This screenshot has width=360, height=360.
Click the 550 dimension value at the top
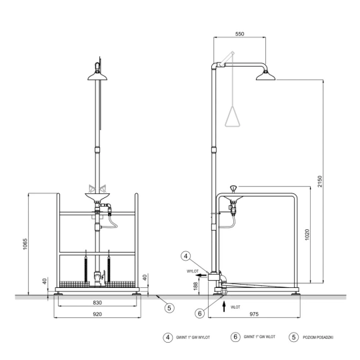click(239, 34)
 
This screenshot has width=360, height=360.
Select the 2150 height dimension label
click(320, 181)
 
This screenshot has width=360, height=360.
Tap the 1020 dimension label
click(307, 235)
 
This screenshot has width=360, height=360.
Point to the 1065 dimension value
click(25, 244)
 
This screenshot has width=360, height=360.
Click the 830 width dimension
click(97, 303)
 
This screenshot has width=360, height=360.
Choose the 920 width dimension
click(97, 314)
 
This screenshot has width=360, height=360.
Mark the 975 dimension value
click(254, 314)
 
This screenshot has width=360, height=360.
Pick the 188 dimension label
click(195, 286)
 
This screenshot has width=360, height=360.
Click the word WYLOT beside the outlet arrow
click(193, 271)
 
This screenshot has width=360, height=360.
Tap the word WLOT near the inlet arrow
click(235, 307)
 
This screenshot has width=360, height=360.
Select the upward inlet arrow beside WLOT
click(224, 307)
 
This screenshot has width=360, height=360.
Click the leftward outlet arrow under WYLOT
click(203, 275)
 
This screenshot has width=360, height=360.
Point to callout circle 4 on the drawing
click(186, 256)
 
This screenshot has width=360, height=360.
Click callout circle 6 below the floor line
click(200, 313)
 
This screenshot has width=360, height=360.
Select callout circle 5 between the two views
click(169, 307)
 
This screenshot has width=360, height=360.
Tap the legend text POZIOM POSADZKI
click(318, 337)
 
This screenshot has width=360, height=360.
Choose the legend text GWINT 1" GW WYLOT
click(193, 337)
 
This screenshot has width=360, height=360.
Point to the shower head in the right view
click(265, 76)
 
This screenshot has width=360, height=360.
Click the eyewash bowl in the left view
click(97, 197)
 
